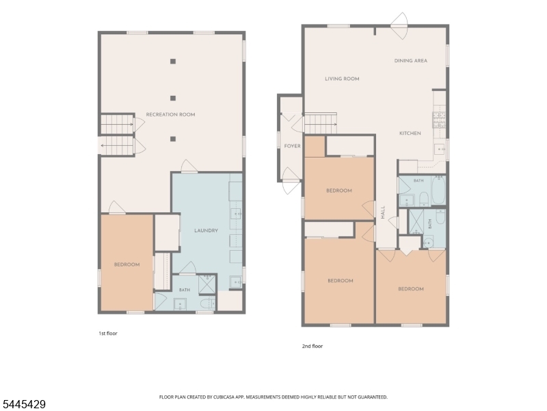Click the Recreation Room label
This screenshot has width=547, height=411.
[170, 114]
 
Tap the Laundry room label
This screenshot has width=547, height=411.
[206, 230]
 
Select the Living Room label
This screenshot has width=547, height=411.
[342, 79]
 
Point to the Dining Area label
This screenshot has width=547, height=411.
[411, 60]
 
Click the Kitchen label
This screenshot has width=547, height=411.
[410, 133]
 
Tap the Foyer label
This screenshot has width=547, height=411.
[293, 146]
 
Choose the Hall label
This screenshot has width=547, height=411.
[383, 212]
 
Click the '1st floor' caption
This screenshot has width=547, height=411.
[108, 334]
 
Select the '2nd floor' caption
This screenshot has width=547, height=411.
[312, 346]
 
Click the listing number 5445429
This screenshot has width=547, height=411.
[23, 404]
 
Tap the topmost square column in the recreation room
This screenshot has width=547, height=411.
[173, 62]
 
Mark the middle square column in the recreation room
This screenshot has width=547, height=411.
[173, 98]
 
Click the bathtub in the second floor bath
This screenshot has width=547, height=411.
[438, 190]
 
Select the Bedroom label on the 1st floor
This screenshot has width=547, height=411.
[127, 264]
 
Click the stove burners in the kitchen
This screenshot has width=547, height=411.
[439, 119]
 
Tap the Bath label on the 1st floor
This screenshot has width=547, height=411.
[185, 290]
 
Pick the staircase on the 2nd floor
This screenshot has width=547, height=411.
[321, 123]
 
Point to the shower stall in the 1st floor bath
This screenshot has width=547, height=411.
[206, 284]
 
